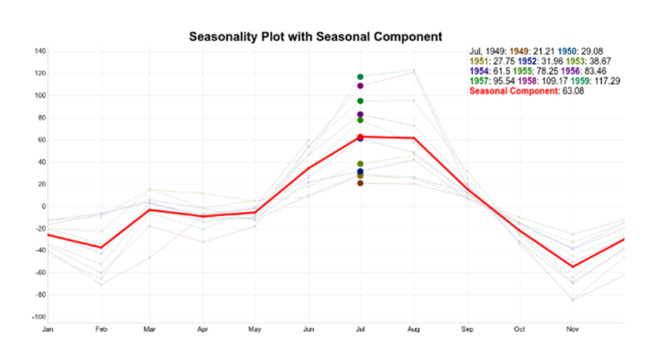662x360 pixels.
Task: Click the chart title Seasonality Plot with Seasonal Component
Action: (315, 36)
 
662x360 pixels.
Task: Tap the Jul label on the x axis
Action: (360, 329)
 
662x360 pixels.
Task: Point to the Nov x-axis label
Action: (572, 329)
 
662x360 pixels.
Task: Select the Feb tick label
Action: (100, 329)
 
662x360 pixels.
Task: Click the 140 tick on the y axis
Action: (40, 51)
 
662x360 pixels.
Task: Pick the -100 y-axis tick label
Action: (39, 317)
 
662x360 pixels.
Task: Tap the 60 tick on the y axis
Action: (41, 140)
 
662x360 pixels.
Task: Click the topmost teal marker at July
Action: (360, 77)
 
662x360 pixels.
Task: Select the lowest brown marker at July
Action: (360, 184)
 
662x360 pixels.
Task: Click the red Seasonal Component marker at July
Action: (360, 136)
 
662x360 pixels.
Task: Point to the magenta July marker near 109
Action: (360, 86)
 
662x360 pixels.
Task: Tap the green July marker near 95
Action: (360, 101)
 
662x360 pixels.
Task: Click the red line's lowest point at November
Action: (572, 266)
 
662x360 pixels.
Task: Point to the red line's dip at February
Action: (100, 248)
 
